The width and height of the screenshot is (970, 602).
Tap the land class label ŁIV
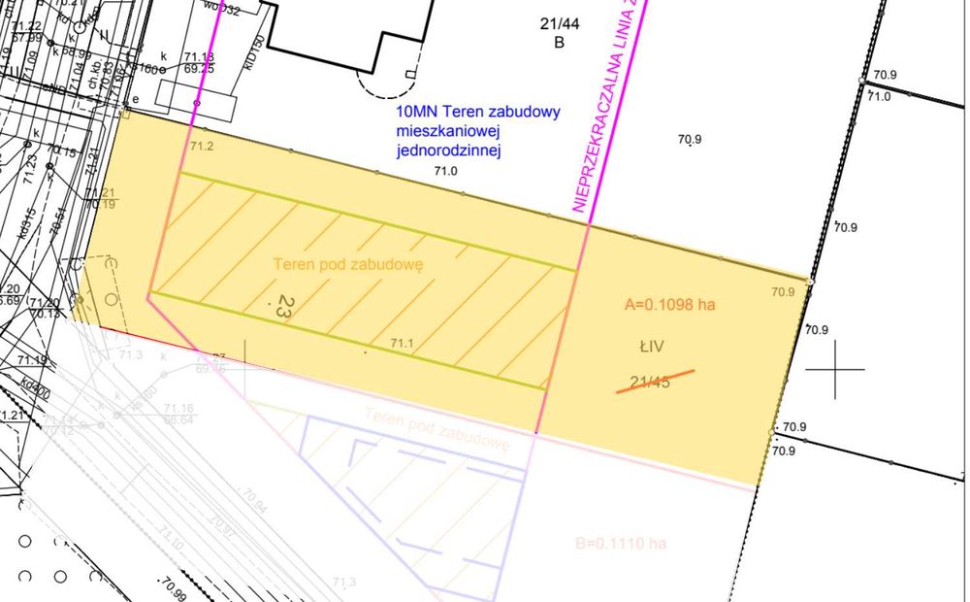coord(649,345)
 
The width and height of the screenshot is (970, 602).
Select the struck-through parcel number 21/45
coord(650,382)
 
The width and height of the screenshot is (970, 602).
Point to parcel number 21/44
coord(559,25)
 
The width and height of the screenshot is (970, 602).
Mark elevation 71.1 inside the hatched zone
coord(403,343)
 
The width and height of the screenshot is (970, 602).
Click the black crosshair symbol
coord(835,369)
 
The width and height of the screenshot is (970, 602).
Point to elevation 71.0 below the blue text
coord(445,171)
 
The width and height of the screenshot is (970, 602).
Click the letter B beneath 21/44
coord(559,43)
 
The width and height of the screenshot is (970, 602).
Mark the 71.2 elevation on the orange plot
coord(202,147)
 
